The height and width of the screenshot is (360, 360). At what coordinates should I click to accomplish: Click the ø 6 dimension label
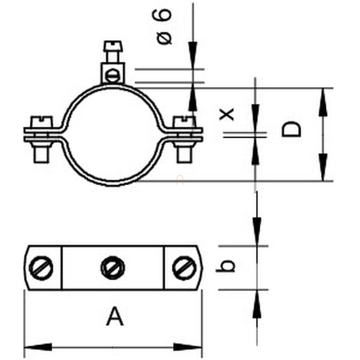tap(162, 27)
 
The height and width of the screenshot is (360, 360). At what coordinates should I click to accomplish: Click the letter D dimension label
tap(291, 129)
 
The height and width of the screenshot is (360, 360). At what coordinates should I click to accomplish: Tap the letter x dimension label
tap(227, 114)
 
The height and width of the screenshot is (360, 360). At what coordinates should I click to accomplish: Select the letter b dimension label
tap(225, 266)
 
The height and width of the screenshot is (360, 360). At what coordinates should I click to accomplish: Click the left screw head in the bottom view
tap(41, 268)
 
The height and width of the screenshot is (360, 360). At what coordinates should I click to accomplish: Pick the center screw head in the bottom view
tap(113, 268)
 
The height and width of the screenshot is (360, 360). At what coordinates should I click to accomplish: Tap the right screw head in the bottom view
tap(184, 268)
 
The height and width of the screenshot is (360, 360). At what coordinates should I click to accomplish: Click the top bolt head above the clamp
tap(113, 46)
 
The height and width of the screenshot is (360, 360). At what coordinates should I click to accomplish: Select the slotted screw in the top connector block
tap(112, 76)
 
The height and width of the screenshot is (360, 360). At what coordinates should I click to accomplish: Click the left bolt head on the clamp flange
tap(42, 122)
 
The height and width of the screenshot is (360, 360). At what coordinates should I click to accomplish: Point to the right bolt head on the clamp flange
tap(184, 122)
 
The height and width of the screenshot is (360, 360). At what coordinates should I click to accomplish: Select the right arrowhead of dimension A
tap(188, 347)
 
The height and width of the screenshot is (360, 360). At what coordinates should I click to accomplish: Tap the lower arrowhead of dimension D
tap(323, 167)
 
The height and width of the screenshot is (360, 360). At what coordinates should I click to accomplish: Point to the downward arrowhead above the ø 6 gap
tap(193, 55)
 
